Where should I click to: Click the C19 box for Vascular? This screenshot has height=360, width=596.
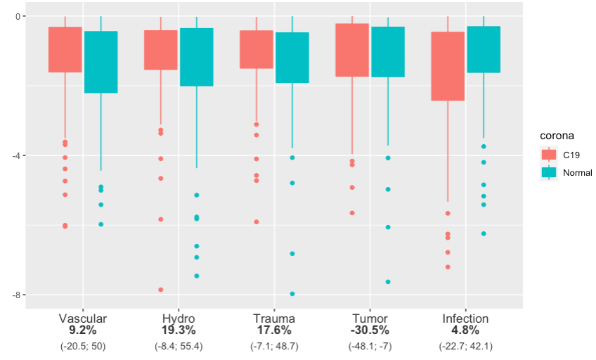[x=65, y=49]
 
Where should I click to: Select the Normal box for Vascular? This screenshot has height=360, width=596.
[x=101, y=62]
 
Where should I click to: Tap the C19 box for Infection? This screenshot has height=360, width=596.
[x=448, y=66]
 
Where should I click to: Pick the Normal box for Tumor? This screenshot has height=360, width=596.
[x=388, y=52]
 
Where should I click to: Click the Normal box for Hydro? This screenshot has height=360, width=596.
[x=197, y=57]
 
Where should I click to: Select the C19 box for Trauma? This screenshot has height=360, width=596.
[x=257, y=49]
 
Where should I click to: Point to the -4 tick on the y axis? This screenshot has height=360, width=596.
[x=24, y=155]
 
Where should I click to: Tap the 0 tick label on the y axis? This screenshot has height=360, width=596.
[x=18, y=16]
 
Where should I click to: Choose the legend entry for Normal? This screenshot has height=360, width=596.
[x=566, y=172]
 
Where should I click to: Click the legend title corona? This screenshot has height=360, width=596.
[x=557, y=136]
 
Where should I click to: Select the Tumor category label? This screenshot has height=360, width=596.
[x=370, y=319]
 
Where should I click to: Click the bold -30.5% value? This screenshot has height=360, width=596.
[x=370, y=330]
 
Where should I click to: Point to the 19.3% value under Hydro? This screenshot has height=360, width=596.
[x=179, y=330]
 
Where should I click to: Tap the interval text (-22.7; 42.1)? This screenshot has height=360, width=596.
[x=465, y=347]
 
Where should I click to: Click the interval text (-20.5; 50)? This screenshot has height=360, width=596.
[x=83, y=347]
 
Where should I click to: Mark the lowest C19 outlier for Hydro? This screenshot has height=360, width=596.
[x=161, y=290]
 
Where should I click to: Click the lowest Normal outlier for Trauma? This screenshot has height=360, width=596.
[x=292, y=294]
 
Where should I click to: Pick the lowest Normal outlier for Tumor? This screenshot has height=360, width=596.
[x=388, y=282]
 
